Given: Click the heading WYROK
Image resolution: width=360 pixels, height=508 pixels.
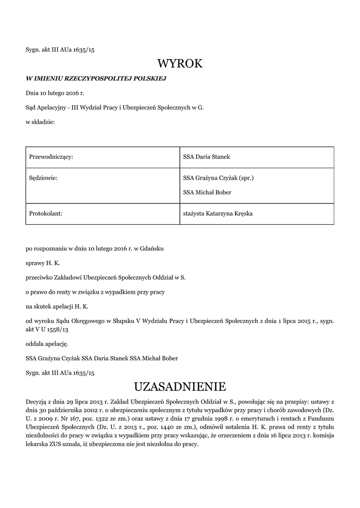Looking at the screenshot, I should click(180, 64).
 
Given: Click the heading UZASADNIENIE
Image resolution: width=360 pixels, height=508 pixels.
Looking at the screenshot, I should click(180, 386).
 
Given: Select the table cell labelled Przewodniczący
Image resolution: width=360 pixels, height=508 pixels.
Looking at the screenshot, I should click(51, 157).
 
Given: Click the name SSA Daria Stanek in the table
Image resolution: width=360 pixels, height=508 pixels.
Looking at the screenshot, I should click(207, 157).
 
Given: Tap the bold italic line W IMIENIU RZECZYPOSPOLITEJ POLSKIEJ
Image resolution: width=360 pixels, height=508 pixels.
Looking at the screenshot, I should click(96, 78).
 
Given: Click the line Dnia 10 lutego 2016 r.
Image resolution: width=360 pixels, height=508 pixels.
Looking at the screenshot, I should click(55, 93).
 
